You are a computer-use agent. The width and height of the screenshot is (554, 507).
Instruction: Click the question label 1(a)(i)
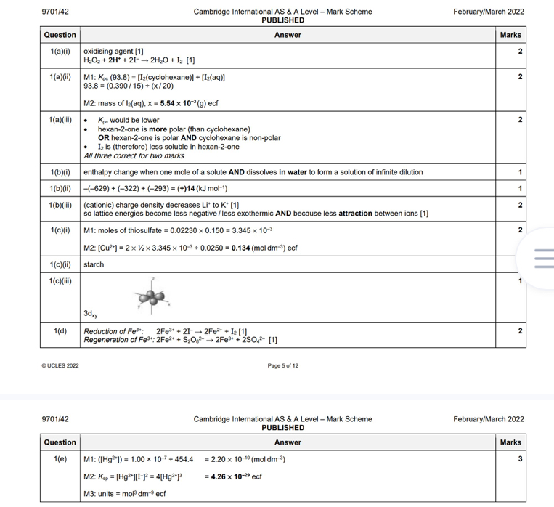[60, 51]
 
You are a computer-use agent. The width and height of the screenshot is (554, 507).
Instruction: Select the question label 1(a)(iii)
[60, 120]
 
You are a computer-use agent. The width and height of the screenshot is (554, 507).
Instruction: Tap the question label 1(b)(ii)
[60, 188]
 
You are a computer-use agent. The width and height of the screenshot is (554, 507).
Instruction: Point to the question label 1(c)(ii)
[60, 264]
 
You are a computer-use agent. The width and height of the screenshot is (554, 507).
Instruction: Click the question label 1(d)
[60, 331]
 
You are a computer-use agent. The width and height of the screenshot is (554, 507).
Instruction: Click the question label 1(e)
[60, 459]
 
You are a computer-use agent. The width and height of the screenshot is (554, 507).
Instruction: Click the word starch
[94, 264]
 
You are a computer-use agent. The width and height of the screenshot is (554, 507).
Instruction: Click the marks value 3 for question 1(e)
[520, 459]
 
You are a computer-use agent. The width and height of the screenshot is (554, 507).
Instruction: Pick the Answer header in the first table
[288, 35]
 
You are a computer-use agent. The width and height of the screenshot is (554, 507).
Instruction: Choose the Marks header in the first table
[510, 35]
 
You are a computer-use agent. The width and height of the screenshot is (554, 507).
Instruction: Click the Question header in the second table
[60, 442]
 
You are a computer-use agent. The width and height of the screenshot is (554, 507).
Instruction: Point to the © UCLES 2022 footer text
[61, 365]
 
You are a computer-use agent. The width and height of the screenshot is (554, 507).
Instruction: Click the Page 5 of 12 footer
[282, 365]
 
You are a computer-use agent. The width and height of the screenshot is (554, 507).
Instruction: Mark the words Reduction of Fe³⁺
[113, 331]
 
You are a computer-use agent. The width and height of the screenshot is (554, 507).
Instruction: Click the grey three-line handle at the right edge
[543, 257]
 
